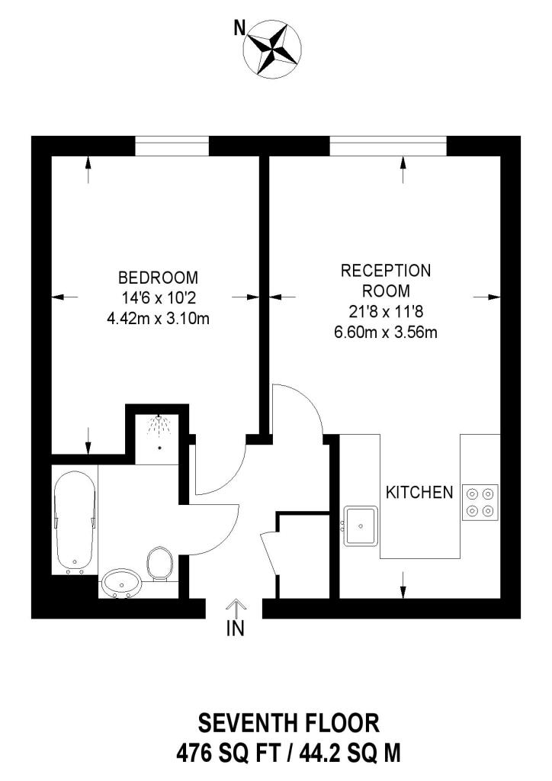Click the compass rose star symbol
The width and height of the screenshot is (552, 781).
click(272, 50)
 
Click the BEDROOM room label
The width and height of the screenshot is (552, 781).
click(159, 277)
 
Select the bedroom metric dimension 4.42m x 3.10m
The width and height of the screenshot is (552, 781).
click(159, 318)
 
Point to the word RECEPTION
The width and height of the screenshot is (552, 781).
click(386, 271)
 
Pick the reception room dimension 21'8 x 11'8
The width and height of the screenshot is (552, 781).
click(386, 311)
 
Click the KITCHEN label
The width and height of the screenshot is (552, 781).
click(419, 493)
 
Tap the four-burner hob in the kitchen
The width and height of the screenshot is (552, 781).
click(480, 503)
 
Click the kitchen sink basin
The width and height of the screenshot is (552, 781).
click(361, 526)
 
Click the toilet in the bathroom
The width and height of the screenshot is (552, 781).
click(159, 564)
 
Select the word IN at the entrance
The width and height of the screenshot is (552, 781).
click(236, 628)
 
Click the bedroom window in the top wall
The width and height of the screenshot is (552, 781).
click(172, 146)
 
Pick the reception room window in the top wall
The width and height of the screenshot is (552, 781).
click(388, 146)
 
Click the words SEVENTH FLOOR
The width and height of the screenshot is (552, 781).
click(289, 723)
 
